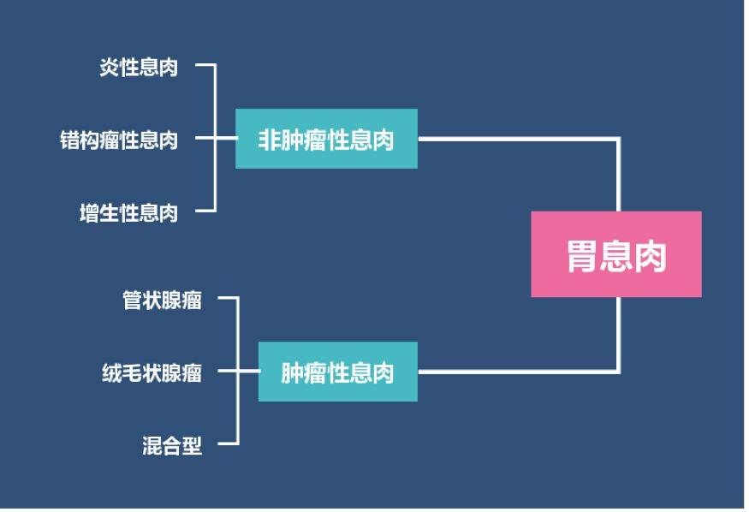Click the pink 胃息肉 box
615,254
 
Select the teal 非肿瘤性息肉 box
326,139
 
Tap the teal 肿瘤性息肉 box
337,372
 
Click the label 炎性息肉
139,68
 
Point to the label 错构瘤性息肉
119,139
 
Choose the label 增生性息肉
128,211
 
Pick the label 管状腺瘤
163,300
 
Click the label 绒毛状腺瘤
152,372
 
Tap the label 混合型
172,445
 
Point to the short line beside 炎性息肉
204,65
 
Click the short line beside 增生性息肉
204,211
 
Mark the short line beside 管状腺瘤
227,299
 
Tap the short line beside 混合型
227,444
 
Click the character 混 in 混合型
152,445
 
